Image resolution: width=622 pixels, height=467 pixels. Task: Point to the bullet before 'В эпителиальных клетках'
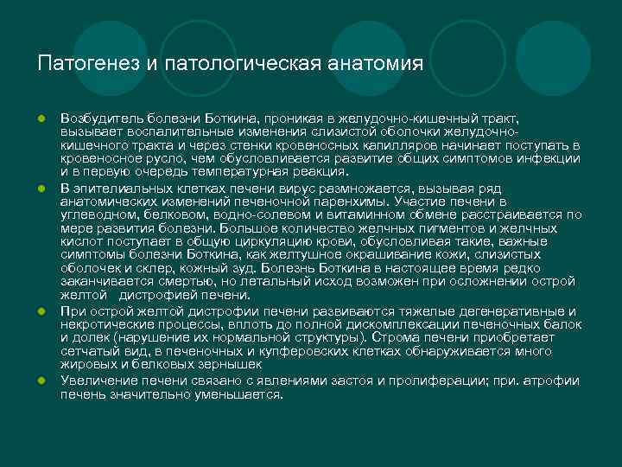40,189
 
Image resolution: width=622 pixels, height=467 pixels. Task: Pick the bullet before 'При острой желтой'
40,310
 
